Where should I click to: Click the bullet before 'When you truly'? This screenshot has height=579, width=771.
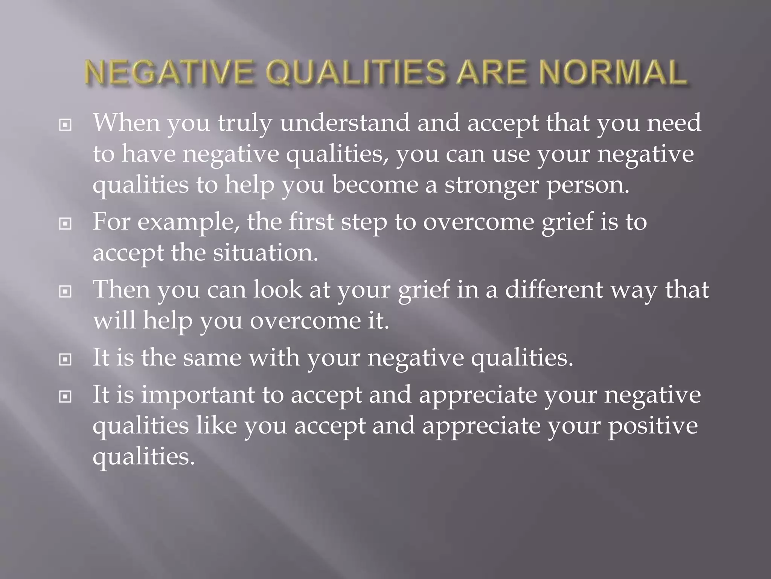pos(66,125)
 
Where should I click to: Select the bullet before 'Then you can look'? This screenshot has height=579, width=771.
pos(66,291)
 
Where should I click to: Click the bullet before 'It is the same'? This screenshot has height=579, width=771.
pos(66,360)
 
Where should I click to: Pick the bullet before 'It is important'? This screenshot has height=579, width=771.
pos(66,397)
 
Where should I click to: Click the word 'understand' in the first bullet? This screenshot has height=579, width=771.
pos(344,123)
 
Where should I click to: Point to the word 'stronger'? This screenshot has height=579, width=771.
pos(491,185)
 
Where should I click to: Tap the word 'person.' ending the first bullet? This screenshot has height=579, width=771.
pos(588,185)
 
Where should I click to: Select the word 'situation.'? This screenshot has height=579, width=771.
pos(265,253)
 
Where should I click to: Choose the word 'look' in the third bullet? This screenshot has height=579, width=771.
pos(277,289)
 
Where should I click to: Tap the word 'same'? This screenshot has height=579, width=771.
pos(212,358)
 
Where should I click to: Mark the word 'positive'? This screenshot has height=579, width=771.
pos(653,426)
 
